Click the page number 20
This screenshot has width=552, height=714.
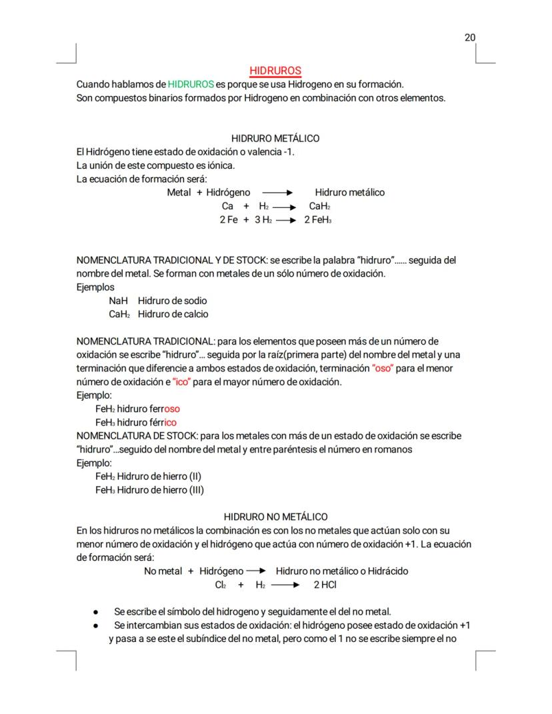tap(470, 37)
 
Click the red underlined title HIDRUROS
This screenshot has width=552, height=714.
tap(275, 71)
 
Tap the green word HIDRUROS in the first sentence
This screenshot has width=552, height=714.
tap(191, 85)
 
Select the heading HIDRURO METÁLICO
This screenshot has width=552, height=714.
tap(275, 139)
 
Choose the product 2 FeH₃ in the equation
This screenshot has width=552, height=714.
tap(318, 220)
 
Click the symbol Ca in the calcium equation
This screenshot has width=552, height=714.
tap(227, 207)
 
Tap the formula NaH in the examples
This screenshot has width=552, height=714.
tap(118, 301)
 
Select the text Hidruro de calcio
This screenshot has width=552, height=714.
tap(173, 314)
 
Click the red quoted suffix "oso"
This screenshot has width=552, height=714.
tap(384, 369)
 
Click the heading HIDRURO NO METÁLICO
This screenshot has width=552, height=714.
tap(275, 517)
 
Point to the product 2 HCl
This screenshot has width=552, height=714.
tap(325, 585)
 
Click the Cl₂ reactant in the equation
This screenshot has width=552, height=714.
tap(221, 585)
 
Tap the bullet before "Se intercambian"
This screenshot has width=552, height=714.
tap(97, 625)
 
